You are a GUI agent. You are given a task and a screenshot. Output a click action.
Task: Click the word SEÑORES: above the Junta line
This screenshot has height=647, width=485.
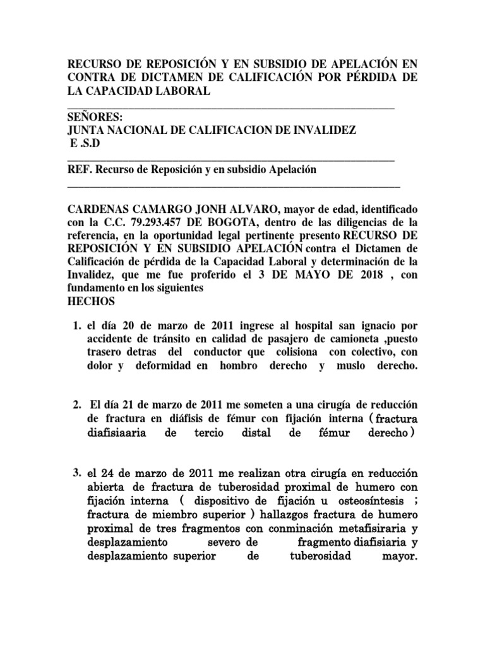tap(95, 118)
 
